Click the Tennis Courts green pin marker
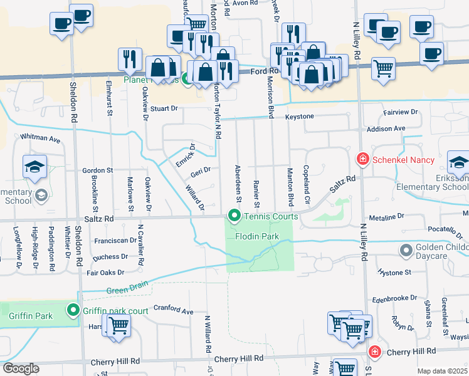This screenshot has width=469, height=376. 234,217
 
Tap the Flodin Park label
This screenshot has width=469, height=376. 256,237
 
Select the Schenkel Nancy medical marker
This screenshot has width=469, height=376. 362,160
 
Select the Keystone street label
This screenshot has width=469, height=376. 300,117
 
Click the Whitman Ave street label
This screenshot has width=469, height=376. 40,137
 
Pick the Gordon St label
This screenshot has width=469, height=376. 97,170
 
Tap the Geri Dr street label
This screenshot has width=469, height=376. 201,171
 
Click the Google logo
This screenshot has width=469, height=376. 21,368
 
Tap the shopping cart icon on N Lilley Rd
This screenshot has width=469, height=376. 382,68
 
